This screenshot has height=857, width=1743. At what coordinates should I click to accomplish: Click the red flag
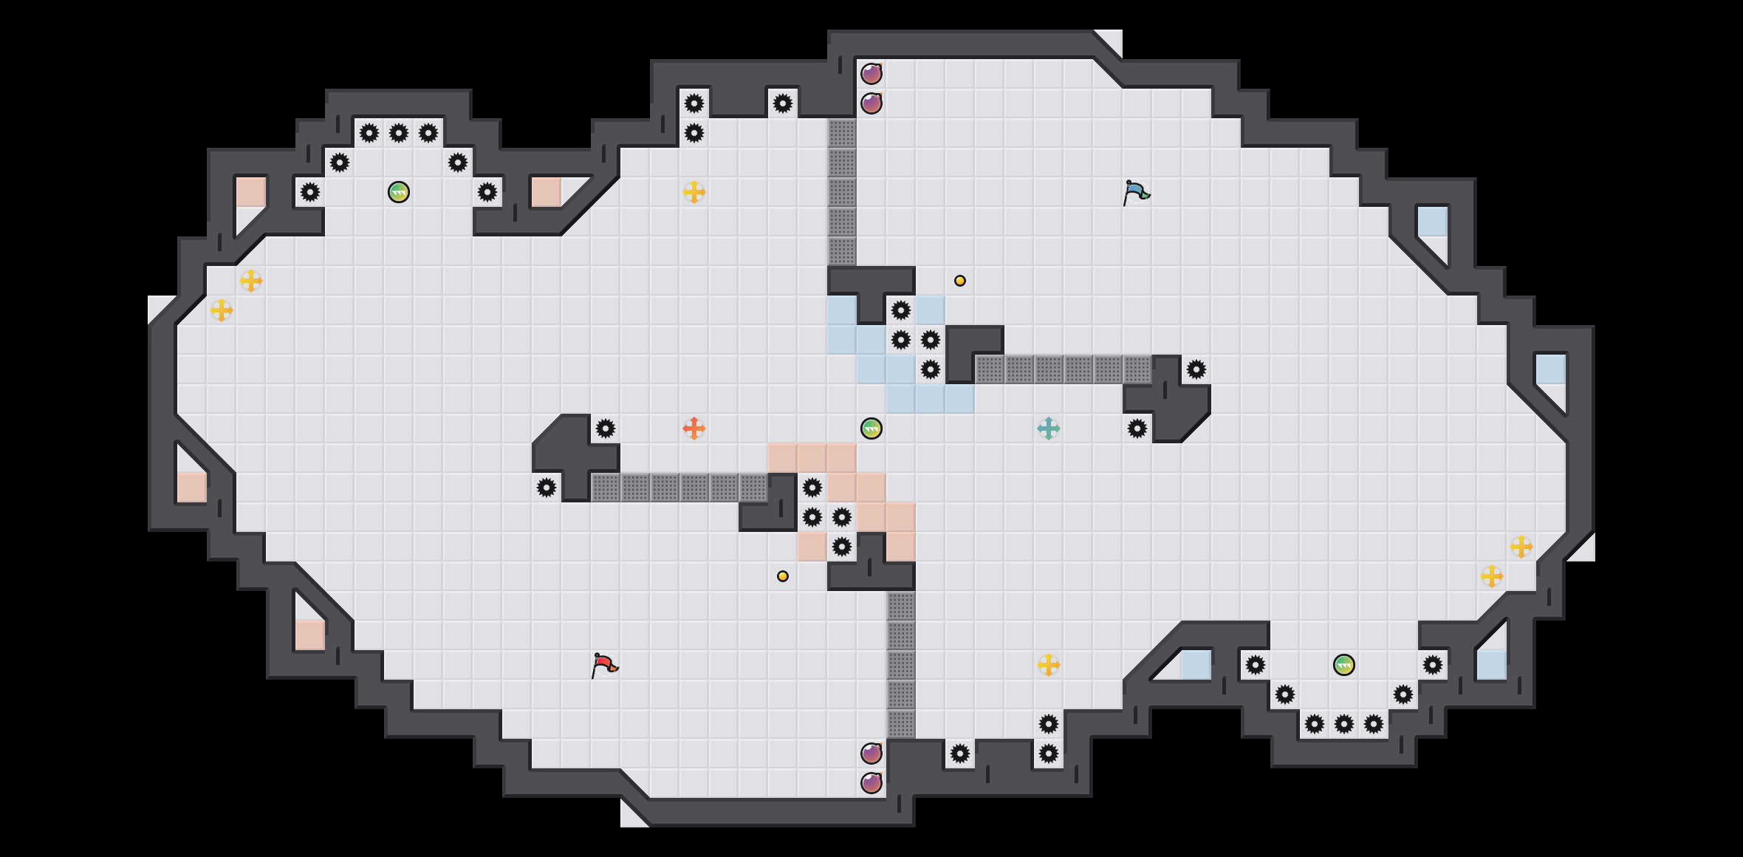604,665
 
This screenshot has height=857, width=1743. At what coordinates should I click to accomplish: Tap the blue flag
1136,192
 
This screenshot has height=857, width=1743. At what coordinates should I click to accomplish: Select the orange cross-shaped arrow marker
694,428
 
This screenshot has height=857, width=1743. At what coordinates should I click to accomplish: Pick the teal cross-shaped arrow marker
1048,428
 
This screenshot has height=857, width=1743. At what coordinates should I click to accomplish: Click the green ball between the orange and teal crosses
871,428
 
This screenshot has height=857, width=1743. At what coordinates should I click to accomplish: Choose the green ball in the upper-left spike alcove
399,192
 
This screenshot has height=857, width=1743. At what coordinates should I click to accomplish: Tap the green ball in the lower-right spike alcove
1344,665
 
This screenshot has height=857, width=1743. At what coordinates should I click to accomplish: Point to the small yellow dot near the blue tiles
959,281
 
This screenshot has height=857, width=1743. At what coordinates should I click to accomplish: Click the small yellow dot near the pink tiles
783,576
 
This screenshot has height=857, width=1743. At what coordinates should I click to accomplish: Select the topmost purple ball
871,74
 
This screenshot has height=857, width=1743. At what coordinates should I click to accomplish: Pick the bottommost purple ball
871,783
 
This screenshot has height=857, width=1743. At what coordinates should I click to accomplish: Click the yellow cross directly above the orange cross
694,192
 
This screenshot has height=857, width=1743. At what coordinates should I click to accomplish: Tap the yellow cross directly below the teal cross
1048,665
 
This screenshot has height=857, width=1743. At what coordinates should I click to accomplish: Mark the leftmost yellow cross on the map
221,310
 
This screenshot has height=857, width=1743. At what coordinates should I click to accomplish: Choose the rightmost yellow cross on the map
1521,547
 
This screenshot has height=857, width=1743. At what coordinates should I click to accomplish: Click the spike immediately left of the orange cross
606,428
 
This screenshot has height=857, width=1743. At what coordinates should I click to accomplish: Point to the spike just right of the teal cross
1137,428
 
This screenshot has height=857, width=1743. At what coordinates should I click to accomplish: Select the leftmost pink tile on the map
191,488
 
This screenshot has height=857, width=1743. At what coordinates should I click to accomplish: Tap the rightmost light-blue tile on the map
1550,369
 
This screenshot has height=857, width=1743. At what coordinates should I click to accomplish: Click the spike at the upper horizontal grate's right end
1196,369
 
